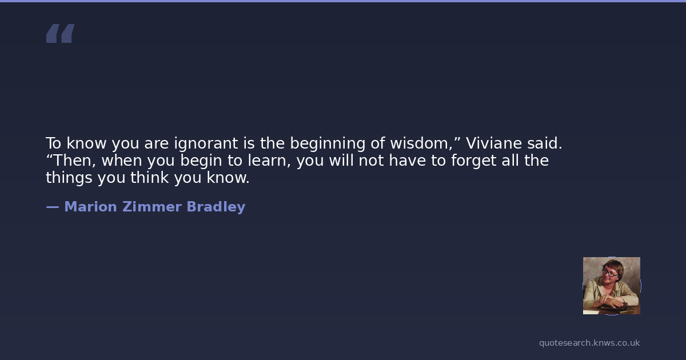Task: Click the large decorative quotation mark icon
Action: pos(61,33)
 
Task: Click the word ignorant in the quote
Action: pos(206,144)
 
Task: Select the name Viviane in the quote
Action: pos(494,143)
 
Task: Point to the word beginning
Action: pos(328,144)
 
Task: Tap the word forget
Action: pos(473,161)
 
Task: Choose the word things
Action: pos(69,178)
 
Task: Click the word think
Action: pos(149,178)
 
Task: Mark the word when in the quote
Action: pos(122,161)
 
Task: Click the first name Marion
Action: pos(91,207)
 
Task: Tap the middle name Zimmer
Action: pos(152,207)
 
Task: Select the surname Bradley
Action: pos(216,207)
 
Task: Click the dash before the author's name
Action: pos(53,207)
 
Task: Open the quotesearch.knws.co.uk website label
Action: pos(589,343)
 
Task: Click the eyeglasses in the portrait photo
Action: pos(609,272)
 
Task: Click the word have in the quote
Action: pos(407,161)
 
